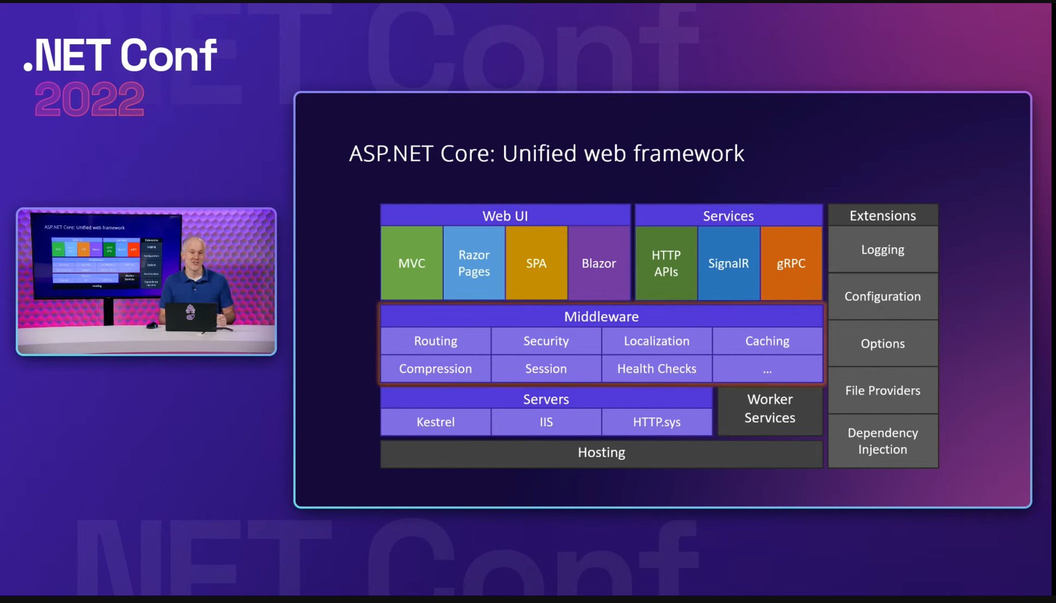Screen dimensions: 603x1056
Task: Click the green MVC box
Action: click(411, 263)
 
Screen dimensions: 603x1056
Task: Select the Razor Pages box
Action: click(474, 263)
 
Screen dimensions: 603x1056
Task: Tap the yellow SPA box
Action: click(536, 263)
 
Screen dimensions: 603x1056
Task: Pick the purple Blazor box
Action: click(599, 263)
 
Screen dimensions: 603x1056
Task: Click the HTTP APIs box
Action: click(666, 263)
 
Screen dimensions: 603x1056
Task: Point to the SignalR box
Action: click(728, 263)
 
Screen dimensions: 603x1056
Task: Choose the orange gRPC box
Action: click(791, 263)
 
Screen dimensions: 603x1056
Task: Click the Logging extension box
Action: click(883, 250)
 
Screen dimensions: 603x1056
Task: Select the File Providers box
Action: click(883, 390)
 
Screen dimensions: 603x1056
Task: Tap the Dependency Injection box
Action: click(883, 441)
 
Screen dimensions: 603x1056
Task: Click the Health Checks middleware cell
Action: click(656, 369)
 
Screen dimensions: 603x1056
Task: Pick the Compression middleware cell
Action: click(436, 369)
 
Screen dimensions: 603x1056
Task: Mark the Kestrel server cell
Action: click(436, 422)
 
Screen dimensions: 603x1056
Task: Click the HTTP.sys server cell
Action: click(656, 422)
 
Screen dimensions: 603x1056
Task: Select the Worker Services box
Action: click(770, 409)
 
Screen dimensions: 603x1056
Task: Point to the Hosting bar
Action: click(601, 452)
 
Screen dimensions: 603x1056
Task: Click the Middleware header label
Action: click(601, 316)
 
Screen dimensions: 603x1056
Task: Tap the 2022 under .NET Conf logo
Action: click(89, 100)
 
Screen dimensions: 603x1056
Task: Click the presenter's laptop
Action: click(191, 316)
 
